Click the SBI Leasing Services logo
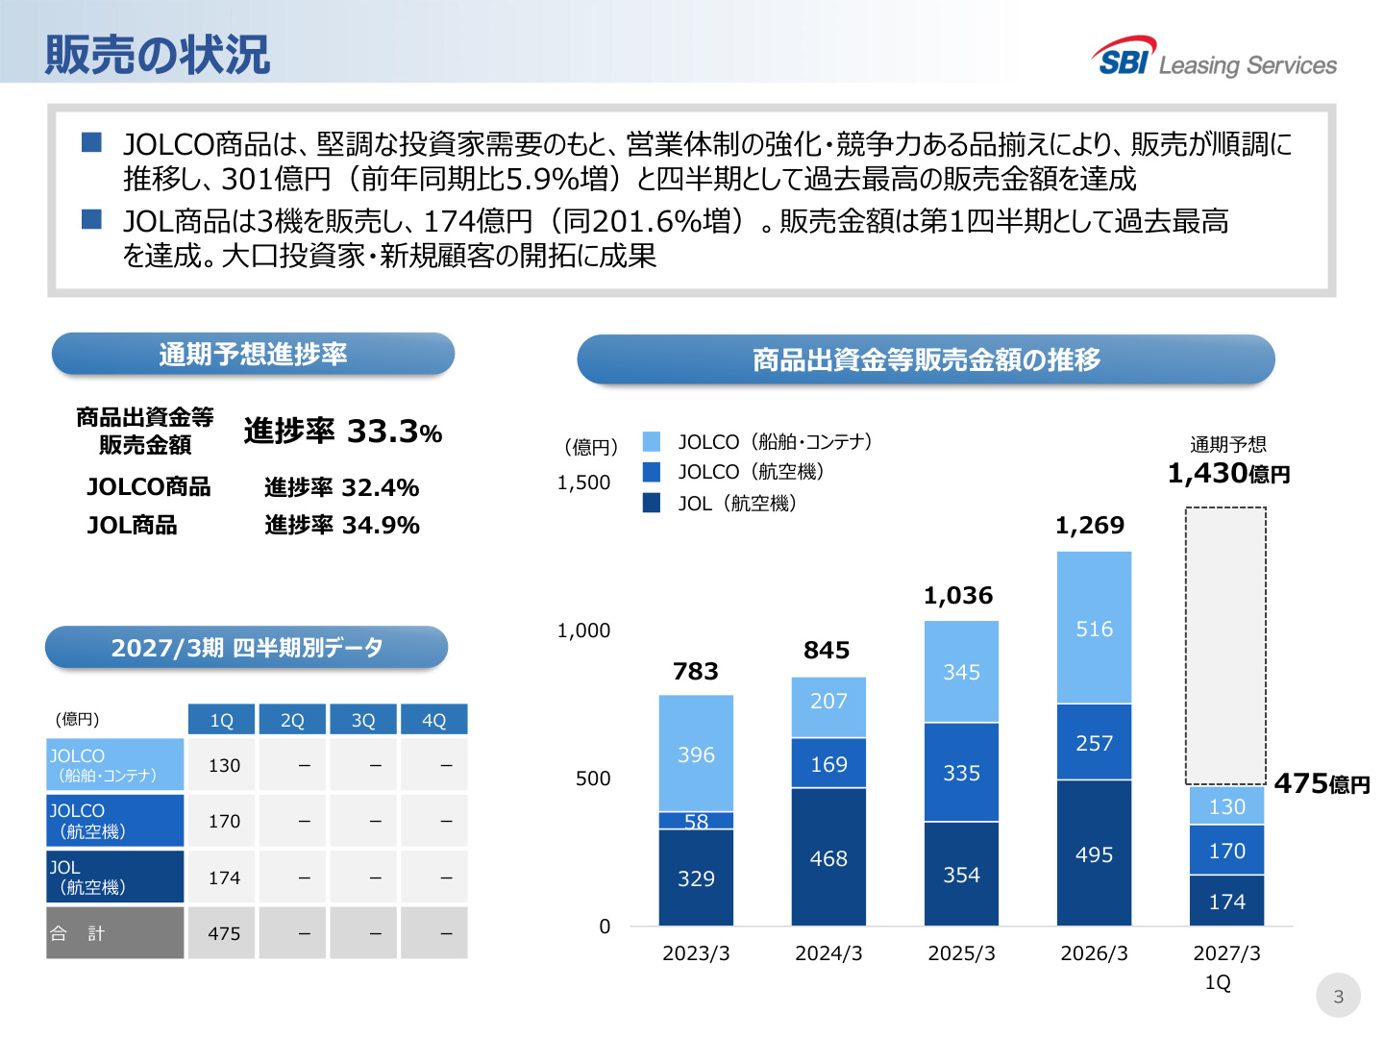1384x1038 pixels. click(x=1213, y=57)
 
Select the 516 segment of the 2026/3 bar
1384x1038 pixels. click(x=1094, y=627)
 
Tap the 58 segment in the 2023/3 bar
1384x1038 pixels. click(x=696, y=820)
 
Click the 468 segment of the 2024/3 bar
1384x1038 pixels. click(x=828, y=856)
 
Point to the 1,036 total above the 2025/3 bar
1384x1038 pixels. click(x=958, y=595)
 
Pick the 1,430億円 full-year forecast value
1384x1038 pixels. click(x=1228, y=473)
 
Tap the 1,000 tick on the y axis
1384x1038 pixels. click(x=583, y=630)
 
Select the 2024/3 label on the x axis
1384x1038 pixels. click(x=828, y=952)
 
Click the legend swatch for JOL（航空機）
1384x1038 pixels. click(x=652, y=503)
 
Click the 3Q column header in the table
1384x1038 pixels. click(x=363, y=719)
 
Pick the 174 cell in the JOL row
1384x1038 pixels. click(x=224, y=877)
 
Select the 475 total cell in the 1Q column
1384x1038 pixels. click(x=224, y=932)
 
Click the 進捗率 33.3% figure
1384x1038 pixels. click(x=343, y=432)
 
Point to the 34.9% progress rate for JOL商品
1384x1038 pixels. click(x=381, y=525)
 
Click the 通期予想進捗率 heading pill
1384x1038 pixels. click(x=253, y=354)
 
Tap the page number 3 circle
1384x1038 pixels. click(x=1338, y=995)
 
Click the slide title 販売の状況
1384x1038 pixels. click(x=157, y=55)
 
